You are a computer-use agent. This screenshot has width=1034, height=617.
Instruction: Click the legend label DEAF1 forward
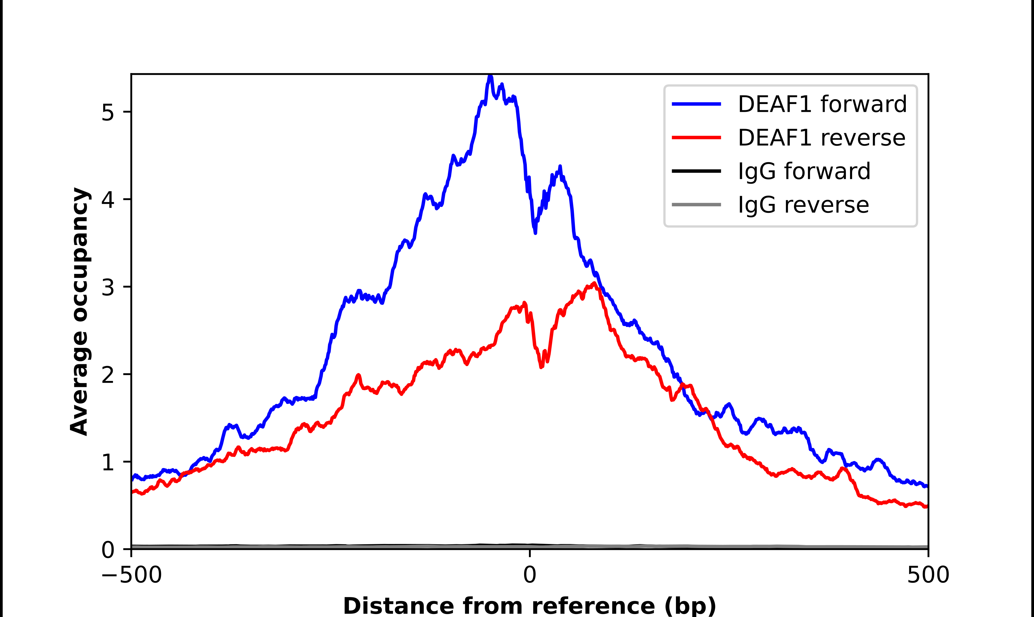[x=822, y=104]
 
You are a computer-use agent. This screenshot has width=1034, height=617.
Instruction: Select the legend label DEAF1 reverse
[x=821, y=138]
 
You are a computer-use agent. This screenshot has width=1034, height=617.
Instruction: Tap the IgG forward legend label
[x=804, y=171]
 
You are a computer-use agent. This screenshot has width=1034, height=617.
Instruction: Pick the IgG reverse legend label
[x=803, y=205]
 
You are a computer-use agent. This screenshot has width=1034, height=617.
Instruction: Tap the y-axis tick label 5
[x=108, y=112]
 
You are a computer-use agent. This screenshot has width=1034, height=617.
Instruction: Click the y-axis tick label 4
[x=108, y=200]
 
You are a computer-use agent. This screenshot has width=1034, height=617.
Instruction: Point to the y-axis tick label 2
[x=108, y=375]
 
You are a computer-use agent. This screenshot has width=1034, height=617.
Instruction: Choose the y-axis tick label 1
[x=108, y=462]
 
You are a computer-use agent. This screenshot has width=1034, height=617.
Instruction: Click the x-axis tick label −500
[x=131, y=575]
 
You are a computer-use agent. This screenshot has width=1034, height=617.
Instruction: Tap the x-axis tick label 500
[x=928, y=575]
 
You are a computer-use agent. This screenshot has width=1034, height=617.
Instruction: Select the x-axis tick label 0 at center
[x=530, y=575]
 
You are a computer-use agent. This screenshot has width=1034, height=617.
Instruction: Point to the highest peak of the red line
[x=595, y=283]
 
